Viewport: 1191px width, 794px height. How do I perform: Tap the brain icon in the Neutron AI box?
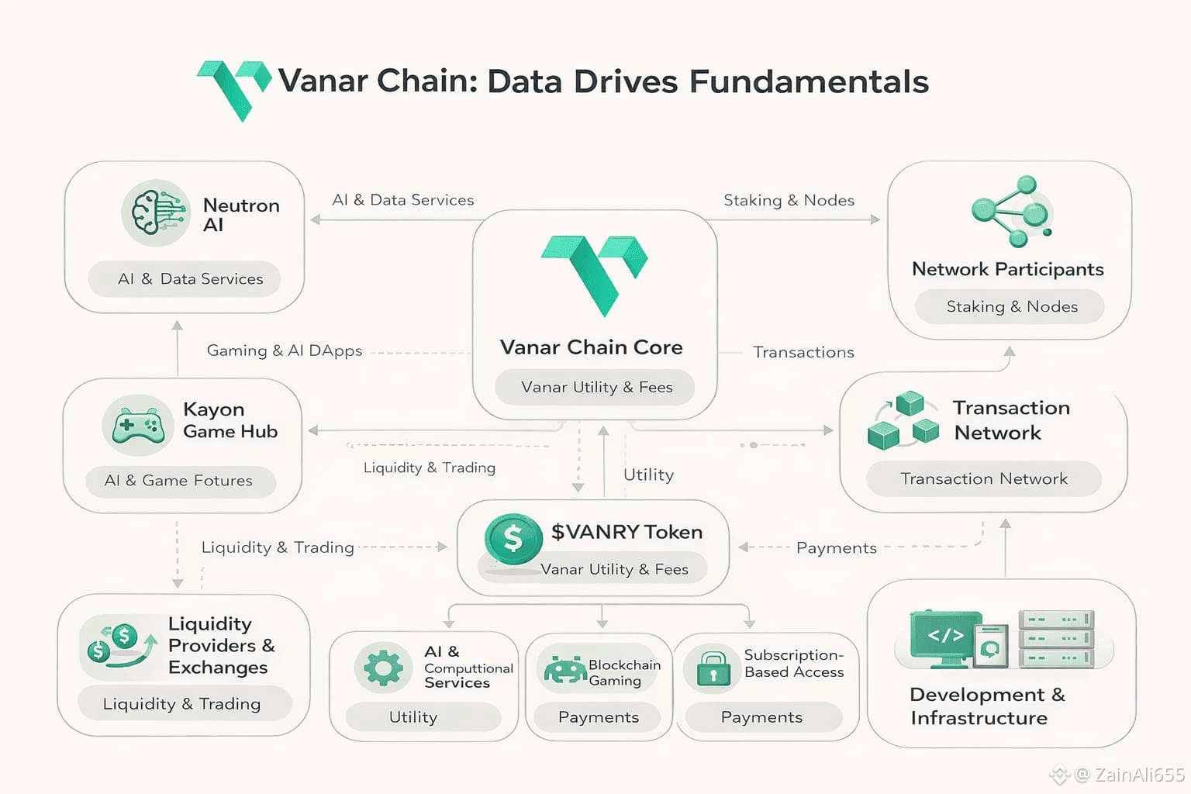pos(156,212)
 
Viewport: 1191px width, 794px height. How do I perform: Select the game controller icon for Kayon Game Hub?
pos(137,425)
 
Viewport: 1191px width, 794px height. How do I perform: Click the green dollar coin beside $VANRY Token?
pos(513,538)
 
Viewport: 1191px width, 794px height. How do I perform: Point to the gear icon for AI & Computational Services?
pos(383,667)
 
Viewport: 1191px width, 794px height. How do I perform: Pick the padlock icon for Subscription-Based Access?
pos(713,668)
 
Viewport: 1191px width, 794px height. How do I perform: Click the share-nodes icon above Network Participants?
pos(1011,211)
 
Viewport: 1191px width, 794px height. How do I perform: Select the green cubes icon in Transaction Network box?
pos(903,421)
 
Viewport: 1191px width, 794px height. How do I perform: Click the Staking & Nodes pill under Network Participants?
pos(1011,307)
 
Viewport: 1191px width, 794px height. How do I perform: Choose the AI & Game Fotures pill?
pos(179,481)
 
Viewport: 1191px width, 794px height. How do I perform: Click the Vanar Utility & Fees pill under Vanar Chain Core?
pos(595,387)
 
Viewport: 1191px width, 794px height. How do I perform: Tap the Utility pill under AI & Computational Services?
pos(413,717)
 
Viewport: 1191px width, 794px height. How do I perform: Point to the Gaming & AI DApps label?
pos(284,350)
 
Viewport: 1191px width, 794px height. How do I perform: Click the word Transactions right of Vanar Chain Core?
pos(803,352)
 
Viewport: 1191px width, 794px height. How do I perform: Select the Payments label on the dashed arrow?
pos(836,548)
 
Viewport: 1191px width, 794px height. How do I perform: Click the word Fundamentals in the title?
pos(809,81)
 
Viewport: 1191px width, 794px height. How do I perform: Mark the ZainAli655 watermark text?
pos(1139,775)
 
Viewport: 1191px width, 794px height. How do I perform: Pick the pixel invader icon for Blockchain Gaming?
pos(564,669)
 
